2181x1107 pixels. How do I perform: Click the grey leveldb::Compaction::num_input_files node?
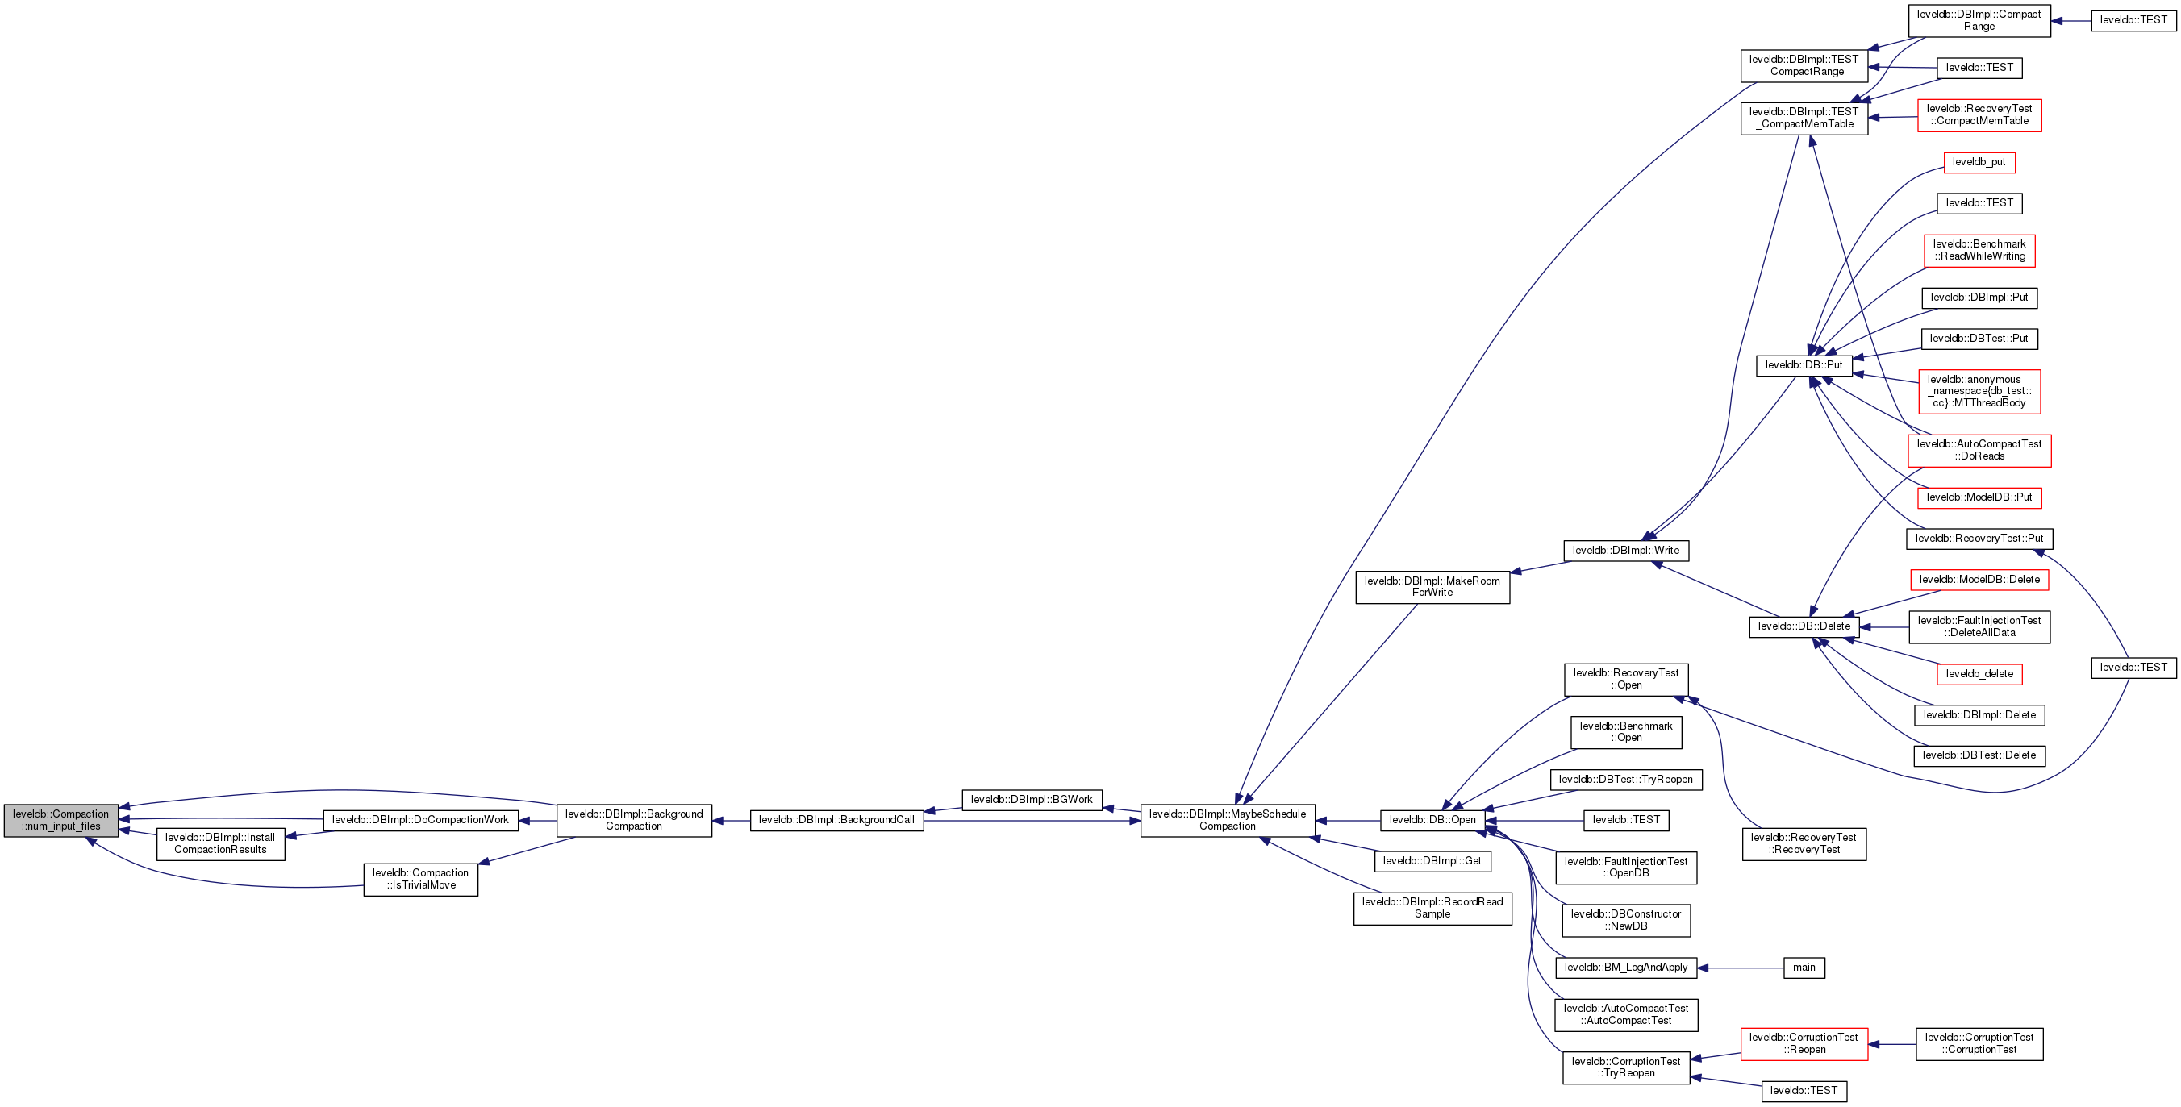61,820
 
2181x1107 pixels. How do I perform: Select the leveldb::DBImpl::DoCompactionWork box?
421,820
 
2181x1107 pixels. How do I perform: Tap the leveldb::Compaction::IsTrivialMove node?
421,880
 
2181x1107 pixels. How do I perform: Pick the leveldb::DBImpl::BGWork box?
1032,800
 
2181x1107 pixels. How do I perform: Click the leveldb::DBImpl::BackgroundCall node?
836,820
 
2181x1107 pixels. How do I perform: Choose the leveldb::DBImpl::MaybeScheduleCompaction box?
1228,820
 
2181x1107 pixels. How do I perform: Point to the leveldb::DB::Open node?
1432,820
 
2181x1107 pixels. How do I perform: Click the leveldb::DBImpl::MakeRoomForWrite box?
1432,587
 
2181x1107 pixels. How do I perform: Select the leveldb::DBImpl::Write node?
1626,551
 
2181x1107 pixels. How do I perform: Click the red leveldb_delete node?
1979,675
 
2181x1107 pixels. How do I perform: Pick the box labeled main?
1804,968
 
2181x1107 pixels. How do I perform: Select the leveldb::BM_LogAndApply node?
1626,968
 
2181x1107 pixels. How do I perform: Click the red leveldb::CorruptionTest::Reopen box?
1804,1043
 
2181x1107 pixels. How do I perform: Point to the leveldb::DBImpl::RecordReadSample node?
1432,908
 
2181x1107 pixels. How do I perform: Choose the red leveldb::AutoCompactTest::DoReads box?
1979,450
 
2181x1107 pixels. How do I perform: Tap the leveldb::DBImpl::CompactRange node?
1979,20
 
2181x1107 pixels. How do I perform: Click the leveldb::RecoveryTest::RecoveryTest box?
1804,844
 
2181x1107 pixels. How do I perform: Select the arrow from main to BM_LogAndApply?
1741,968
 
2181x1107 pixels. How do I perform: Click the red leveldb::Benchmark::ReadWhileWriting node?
1979,251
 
